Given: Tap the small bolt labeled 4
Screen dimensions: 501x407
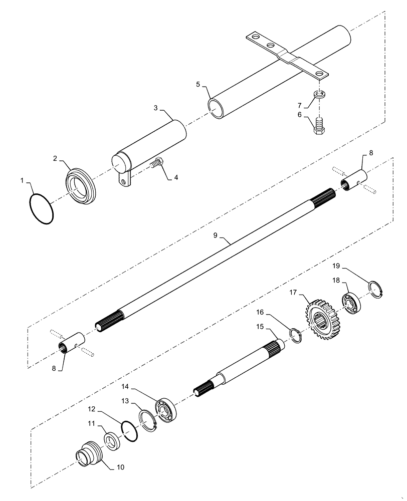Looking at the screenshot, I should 157,163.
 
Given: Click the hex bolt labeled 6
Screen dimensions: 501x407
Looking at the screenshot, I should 319,124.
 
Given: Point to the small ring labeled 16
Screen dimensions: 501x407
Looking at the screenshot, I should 296,335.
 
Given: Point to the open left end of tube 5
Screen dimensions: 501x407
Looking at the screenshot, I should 216,108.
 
